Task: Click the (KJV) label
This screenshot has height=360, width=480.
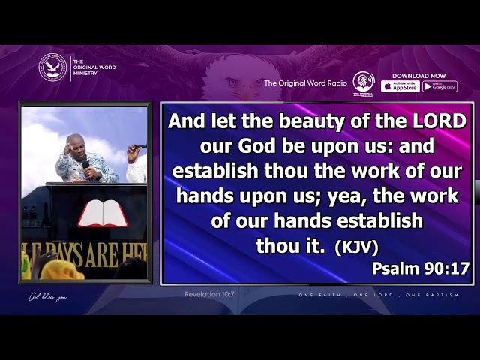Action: (356, 247)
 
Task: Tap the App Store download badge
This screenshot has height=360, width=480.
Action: (400, 86)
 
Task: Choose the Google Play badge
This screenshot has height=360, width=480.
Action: (439, 86)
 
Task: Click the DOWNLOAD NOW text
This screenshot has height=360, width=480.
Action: (418, 75)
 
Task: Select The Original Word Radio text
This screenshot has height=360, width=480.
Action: (305, 83)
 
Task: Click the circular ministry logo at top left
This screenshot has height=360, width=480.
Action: (52, 67)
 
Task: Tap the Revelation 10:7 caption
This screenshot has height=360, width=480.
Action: (209, 293)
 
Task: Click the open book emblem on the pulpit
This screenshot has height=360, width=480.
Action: (103, 213)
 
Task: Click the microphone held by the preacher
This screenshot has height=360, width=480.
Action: (85, 163)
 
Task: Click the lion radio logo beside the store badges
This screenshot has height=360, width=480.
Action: (363, 82)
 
